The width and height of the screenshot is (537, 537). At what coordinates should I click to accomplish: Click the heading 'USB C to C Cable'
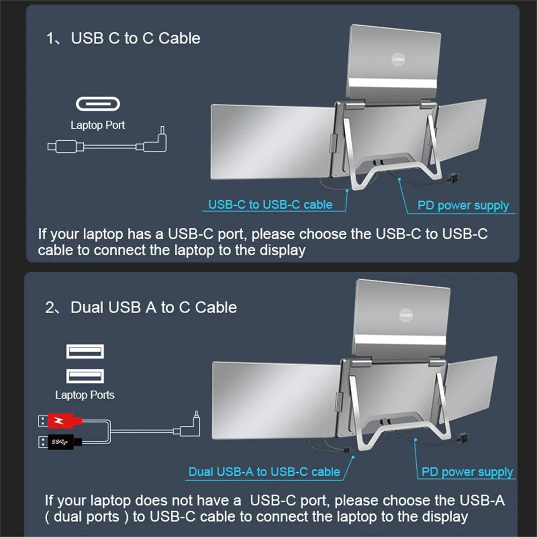[x=135, y=38]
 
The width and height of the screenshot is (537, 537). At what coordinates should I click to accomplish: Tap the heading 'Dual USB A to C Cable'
[x=154, y=307]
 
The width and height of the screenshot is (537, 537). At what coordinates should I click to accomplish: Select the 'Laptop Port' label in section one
[x=98, y=125]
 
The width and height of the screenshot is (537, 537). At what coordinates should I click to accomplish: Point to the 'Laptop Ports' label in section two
[x=85, y=395]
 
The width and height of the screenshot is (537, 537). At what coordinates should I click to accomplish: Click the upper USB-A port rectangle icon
[x=85, y=352]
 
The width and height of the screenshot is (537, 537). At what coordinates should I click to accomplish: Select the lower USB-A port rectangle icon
[x=85, y=375]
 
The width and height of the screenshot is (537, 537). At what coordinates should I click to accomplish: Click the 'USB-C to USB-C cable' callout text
[x=270, y=204]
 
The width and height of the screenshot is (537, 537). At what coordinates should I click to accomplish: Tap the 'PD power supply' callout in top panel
[x=463, y=205]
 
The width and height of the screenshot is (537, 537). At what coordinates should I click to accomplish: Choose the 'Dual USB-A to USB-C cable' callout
[x=264, y=471]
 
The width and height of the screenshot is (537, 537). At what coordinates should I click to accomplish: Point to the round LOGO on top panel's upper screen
[x=398, y=60]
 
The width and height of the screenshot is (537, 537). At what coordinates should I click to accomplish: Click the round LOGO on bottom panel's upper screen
[x=406, y=315]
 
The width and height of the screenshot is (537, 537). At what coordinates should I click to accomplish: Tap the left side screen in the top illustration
[x=271, y=141]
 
